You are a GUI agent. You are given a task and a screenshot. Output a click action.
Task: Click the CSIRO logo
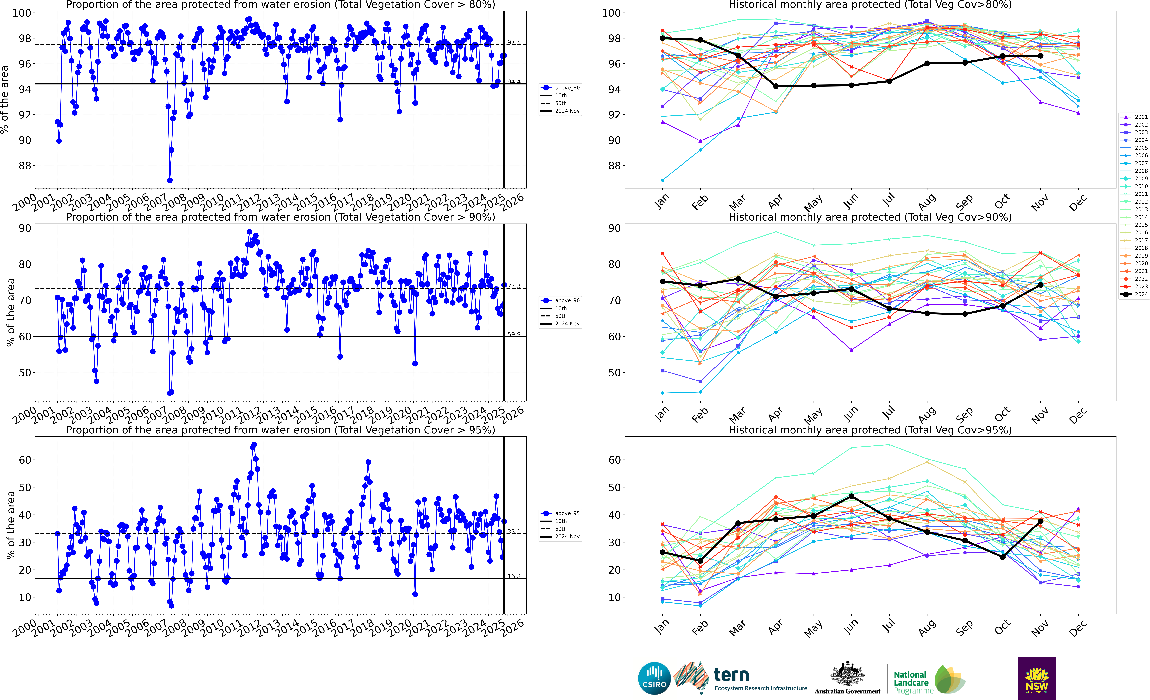654,678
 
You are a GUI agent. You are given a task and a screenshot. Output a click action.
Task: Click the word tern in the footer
731,675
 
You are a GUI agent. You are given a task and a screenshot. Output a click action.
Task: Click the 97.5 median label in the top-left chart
514,42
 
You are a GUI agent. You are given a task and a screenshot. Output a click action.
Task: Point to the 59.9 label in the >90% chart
514,334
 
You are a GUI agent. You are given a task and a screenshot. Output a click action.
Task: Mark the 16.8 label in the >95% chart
514,576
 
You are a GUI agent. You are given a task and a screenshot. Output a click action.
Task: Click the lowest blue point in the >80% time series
170,180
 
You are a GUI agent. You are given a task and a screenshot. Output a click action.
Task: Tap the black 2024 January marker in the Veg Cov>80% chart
663,38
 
